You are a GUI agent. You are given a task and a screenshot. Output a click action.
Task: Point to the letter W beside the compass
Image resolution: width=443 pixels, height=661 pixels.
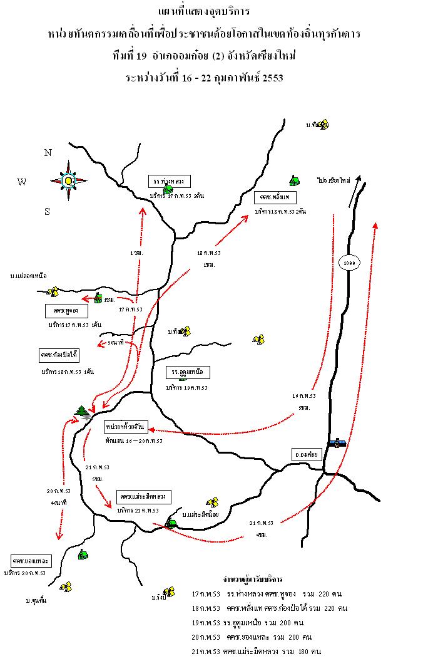pyautogui.click(x=22, y=182)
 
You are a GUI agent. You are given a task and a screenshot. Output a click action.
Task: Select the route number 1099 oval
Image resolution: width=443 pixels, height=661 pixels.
pyautogui.click(x=349, y=263)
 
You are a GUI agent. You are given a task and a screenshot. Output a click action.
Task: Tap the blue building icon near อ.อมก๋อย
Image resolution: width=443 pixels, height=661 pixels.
pyautogui.click(x=337, y=442)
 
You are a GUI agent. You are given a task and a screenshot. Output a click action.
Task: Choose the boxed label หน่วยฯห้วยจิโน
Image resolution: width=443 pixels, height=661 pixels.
pyautogui.click(x=125, y=427)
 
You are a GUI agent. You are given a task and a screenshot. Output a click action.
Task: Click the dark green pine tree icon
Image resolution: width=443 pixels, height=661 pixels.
pyautogui.click(x=82, y=412)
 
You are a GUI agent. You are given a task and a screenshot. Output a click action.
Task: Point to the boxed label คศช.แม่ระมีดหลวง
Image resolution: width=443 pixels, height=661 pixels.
pyautogui.click(x=143, y=496)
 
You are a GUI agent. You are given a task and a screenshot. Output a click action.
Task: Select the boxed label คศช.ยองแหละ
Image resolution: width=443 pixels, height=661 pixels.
pyautogui.click(x=31, y=559)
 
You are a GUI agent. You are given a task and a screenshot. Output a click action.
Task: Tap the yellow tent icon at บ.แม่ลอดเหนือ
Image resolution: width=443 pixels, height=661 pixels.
pyautogui.click(x=54, y=291)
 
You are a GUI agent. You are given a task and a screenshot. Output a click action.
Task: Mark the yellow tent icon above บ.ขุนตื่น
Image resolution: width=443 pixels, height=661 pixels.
pyautogui.click(x=66, y=586)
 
